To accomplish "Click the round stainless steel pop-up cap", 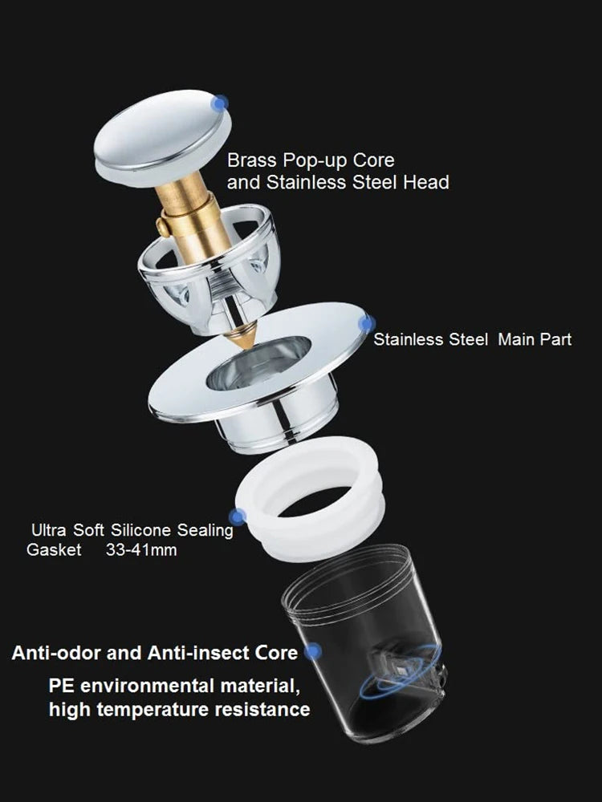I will tap(161, 136).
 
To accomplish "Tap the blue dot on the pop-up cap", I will tap(219, 103).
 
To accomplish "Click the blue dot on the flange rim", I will tap(367, 324).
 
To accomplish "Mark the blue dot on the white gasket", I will tap(238, 517).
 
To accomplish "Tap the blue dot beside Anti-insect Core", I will tap(312, 651).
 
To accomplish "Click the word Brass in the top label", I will tap(251, 161).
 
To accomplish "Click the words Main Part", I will tap(535, 339).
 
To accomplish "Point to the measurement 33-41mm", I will tap(141, 551).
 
